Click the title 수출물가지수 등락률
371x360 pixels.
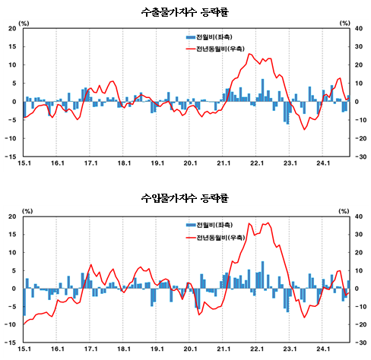pyautogui.click(x=185, y=12)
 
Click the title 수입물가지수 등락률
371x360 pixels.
pyautogui.click(x=185, y=198)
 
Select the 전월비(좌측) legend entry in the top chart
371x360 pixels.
pyautogui.click(x=209, y=37)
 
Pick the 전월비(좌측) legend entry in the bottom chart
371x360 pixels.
pyautogui.click(x=209, y=225)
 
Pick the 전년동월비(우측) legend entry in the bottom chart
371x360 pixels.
pyautogui.click(x=214, y=238)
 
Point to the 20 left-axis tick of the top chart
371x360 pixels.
pyautogui.click(x=11, y=28)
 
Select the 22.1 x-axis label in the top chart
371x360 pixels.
pyautogui.click(x=256, y=163)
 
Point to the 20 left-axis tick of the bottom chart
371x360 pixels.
pyautogui.click(x=11, y=216)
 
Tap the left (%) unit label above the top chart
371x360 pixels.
pyautogui.click(x=24, y=24)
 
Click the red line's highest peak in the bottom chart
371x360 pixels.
pyautogui.click(x=268, y=223)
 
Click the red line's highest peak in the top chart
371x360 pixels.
pyautogui.click(x=249, y=54)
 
